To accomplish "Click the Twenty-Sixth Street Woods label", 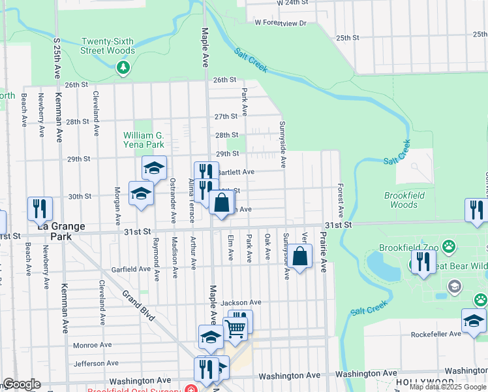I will point(108,46).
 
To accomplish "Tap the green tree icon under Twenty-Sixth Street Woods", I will point(123,67).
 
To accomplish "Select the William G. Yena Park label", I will point(144,140).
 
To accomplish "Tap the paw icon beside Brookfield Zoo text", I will point(449,247).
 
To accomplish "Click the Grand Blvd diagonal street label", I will point(139,305).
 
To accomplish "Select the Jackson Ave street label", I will point(241,302).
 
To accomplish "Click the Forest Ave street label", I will point(341,201).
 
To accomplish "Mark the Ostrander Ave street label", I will point(173,199).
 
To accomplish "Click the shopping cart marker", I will point(235,329).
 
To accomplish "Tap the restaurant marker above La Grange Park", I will point(40,208).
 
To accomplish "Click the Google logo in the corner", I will point(22,384).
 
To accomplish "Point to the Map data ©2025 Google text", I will point(447,387).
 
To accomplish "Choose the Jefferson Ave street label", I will point(95,363).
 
